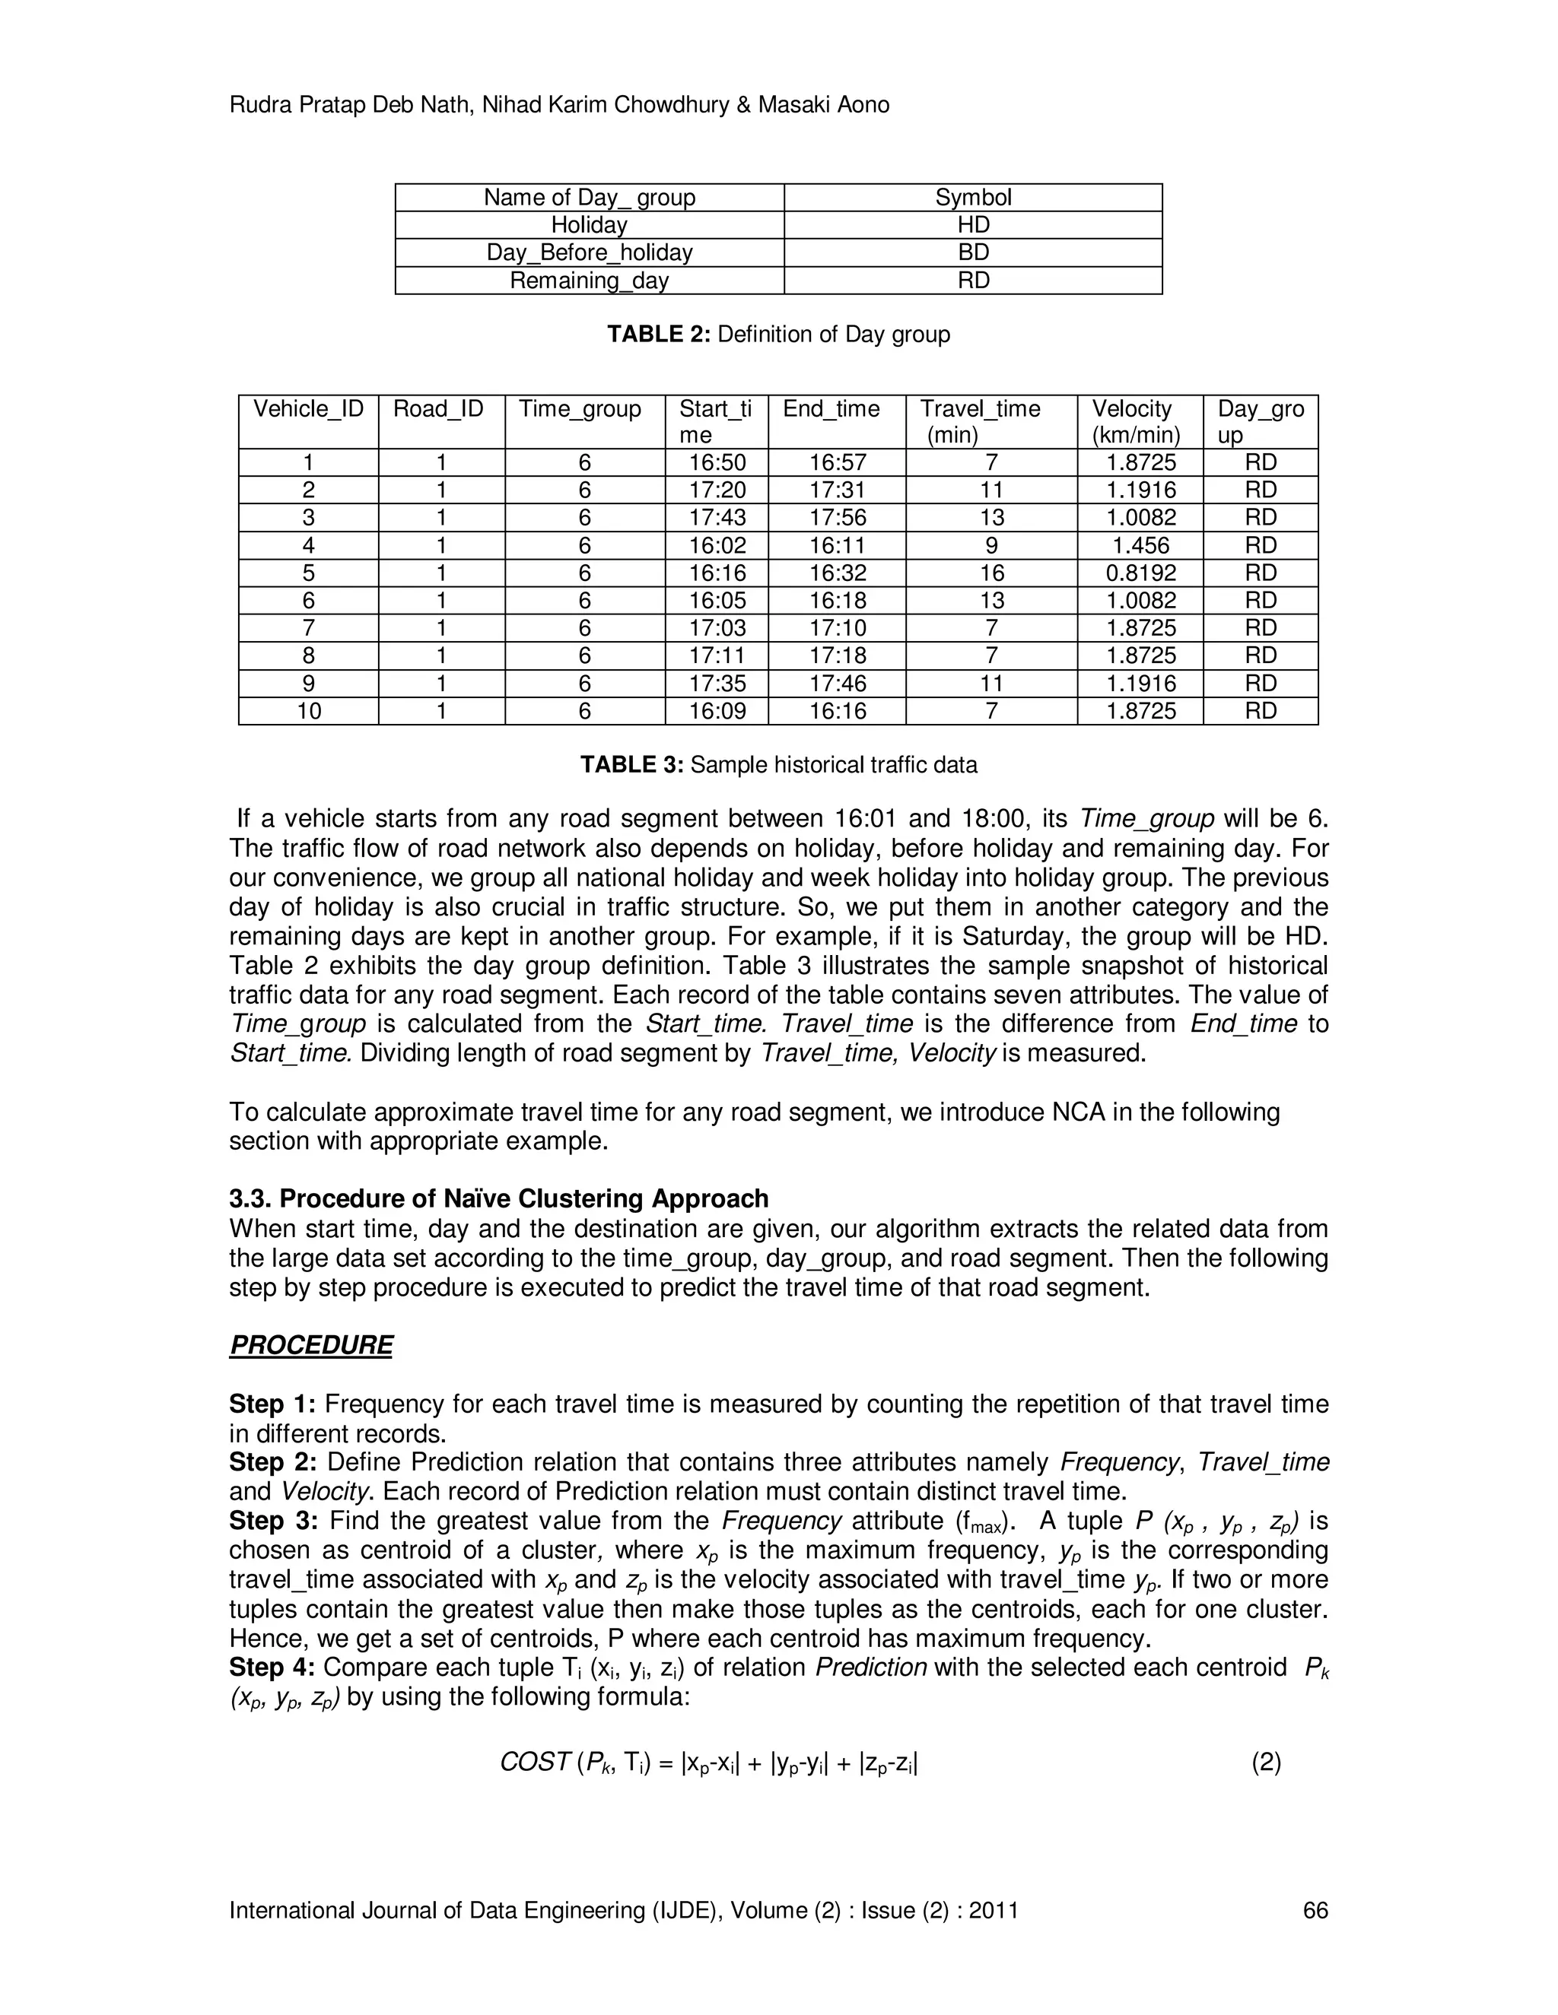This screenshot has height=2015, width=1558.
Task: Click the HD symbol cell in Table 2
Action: pos(973,225)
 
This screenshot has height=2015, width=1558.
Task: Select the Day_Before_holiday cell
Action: pos(589,252)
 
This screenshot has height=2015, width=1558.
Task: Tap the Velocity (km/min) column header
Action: pos(1140,422)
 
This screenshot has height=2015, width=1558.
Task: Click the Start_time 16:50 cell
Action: pos(717,462)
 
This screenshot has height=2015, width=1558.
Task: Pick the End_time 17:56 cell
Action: pos(838,518)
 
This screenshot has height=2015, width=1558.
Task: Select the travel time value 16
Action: pos(991,573)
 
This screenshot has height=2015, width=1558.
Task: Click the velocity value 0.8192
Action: pos(1141,573)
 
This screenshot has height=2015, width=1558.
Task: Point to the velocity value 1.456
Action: pos(1141,545)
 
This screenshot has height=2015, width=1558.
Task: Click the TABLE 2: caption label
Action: pos(658,334)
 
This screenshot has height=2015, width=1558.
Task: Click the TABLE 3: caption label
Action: pos(631,765)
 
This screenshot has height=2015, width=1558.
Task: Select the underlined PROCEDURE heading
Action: pos(311,1345)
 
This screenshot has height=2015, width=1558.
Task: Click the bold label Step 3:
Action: pos(273,1521)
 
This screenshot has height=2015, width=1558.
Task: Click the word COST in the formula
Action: pos(534,1763)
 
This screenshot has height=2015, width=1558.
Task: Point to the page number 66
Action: pos(1315,1911)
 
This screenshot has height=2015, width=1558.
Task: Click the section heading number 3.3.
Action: pos(250,1199)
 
